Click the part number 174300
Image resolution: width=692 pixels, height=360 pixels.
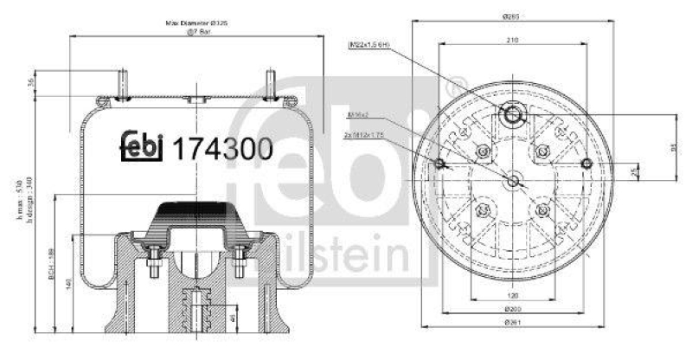click(x=224, y=148)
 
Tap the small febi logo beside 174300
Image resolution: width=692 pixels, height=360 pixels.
click(x=143, y=148)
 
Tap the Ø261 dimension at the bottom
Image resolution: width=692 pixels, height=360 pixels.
click(x=514, y=346)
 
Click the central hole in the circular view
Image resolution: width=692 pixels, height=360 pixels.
click(x=514, y=181)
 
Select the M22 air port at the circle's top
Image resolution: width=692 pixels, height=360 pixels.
click(x=514, y=115)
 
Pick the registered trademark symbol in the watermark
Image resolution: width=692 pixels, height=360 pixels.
click(x=452, y=87)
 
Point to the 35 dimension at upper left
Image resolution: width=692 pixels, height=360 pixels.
click(x=31, y=84)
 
